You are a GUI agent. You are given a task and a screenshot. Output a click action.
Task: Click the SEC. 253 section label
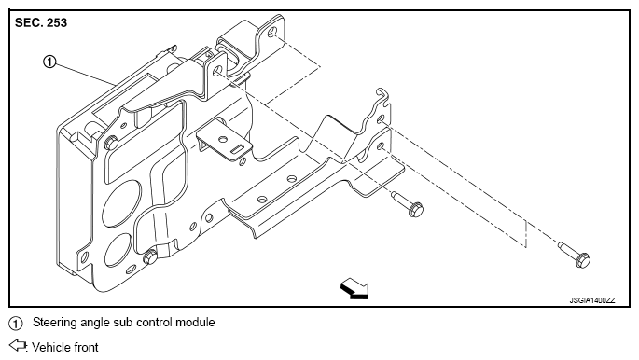point(41,22)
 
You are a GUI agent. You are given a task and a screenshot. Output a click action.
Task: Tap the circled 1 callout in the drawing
point(49,62)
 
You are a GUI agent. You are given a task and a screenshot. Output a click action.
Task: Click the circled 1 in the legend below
point(16,324)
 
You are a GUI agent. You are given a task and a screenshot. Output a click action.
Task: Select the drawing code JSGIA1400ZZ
point(592,300)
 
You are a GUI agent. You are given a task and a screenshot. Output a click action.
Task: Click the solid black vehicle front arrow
point(354,289)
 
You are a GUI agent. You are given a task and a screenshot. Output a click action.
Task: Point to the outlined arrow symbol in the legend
point(18,345)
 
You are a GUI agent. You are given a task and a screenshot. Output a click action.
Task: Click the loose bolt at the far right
point(575,255)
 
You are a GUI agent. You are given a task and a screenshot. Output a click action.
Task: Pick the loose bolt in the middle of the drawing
point(408,203)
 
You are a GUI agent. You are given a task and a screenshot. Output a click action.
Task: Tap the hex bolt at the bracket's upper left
point(111,143)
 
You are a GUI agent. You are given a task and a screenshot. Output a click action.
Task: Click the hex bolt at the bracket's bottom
point(150,257)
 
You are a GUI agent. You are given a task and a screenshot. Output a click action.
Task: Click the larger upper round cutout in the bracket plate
point(121,202)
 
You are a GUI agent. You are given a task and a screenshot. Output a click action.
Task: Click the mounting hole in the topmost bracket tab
point(272,32)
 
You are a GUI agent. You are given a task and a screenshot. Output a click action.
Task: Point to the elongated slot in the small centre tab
point(236,149)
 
